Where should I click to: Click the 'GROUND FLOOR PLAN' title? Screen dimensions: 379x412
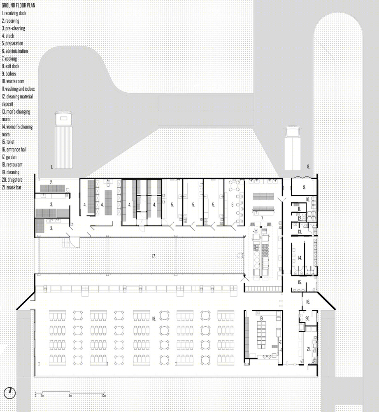pos(19,5)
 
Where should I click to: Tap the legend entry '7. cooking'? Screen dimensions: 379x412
pos(9,59)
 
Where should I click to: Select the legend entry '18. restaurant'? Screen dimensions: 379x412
pos(12,164)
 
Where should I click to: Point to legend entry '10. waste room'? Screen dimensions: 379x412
pos(13,81)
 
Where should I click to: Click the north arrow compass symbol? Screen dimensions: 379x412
pos(10,393)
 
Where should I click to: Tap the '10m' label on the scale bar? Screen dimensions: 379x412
pos(104,396)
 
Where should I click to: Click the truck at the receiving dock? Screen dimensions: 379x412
pos(63,140)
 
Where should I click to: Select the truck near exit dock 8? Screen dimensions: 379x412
pos(293,148)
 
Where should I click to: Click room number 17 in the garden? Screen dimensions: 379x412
pos(154,256)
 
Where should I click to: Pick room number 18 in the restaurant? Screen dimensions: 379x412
pos(154,318)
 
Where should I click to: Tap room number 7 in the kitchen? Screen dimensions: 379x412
pos(262,218)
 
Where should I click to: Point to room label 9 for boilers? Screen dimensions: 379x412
pos(304,187)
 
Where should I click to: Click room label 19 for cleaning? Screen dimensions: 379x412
pos(261,318)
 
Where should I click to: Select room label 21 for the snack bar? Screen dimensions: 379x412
pos(308,349)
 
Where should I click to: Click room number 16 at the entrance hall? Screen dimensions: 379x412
pos(308,302)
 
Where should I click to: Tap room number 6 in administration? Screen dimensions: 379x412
pos(233,205)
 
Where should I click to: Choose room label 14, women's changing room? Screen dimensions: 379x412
pos(300,258)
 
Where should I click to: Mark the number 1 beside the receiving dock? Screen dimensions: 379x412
pos(52,167)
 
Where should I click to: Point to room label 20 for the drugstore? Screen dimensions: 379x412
pos(308,318)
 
